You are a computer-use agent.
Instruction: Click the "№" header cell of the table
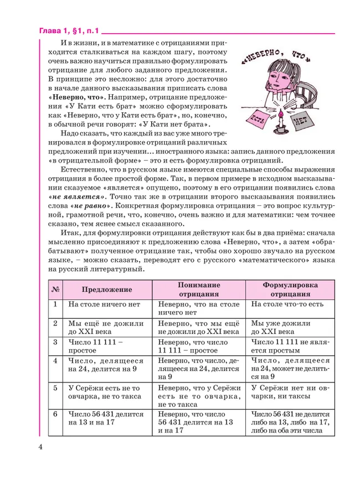[55, 289]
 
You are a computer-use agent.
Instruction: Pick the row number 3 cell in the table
[55, 342]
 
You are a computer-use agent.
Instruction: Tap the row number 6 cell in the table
[55, 413]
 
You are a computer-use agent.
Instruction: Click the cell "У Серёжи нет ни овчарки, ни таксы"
[289, 392]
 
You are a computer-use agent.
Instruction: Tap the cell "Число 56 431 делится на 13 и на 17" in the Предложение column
[106, 418]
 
